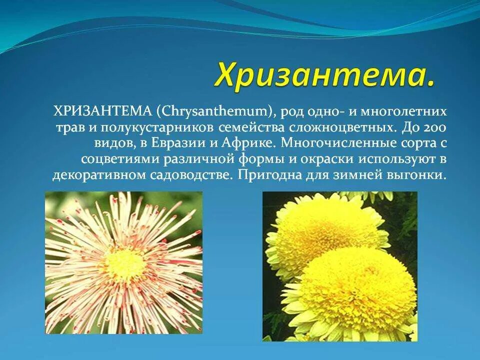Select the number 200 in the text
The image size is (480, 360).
434,126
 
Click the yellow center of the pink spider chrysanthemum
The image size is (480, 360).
124,261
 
